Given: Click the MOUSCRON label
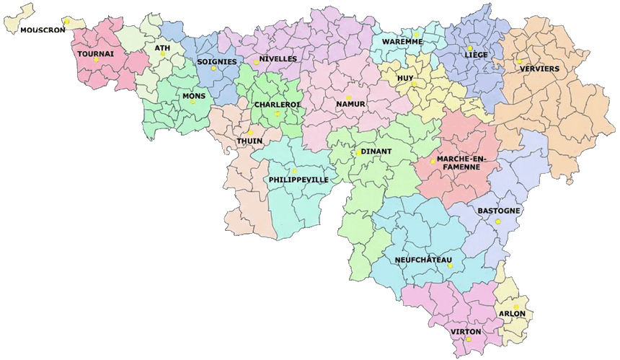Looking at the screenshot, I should pos(43,30).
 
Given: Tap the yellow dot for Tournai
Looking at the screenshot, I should pos(96,59).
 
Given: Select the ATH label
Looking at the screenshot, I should pos(162,48).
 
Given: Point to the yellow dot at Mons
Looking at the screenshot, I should pos(192,102).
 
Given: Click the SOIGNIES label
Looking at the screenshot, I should pos(217,61).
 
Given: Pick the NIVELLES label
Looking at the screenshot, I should pos(278,58).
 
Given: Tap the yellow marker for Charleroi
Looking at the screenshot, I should pos(278,114).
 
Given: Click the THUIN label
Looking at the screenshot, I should pos(249,141).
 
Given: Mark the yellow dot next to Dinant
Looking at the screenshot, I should pos(358,152).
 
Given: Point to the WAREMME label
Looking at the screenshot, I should pos(403,42).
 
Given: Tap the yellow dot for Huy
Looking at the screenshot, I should pos(414,84).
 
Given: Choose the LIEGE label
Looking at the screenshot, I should pos(477,55).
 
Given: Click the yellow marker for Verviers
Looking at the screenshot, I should pos(519,61).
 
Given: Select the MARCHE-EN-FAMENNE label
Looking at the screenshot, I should pos(462,162).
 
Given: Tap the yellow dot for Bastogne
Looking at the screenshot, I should pos(497,221).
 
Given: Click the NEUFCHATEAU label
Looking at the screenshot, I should pos(424,260).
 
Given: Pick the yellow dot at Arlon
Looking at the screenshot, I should pos(516,307).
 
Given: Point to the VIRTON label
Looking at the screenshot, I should pos(466,332).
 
